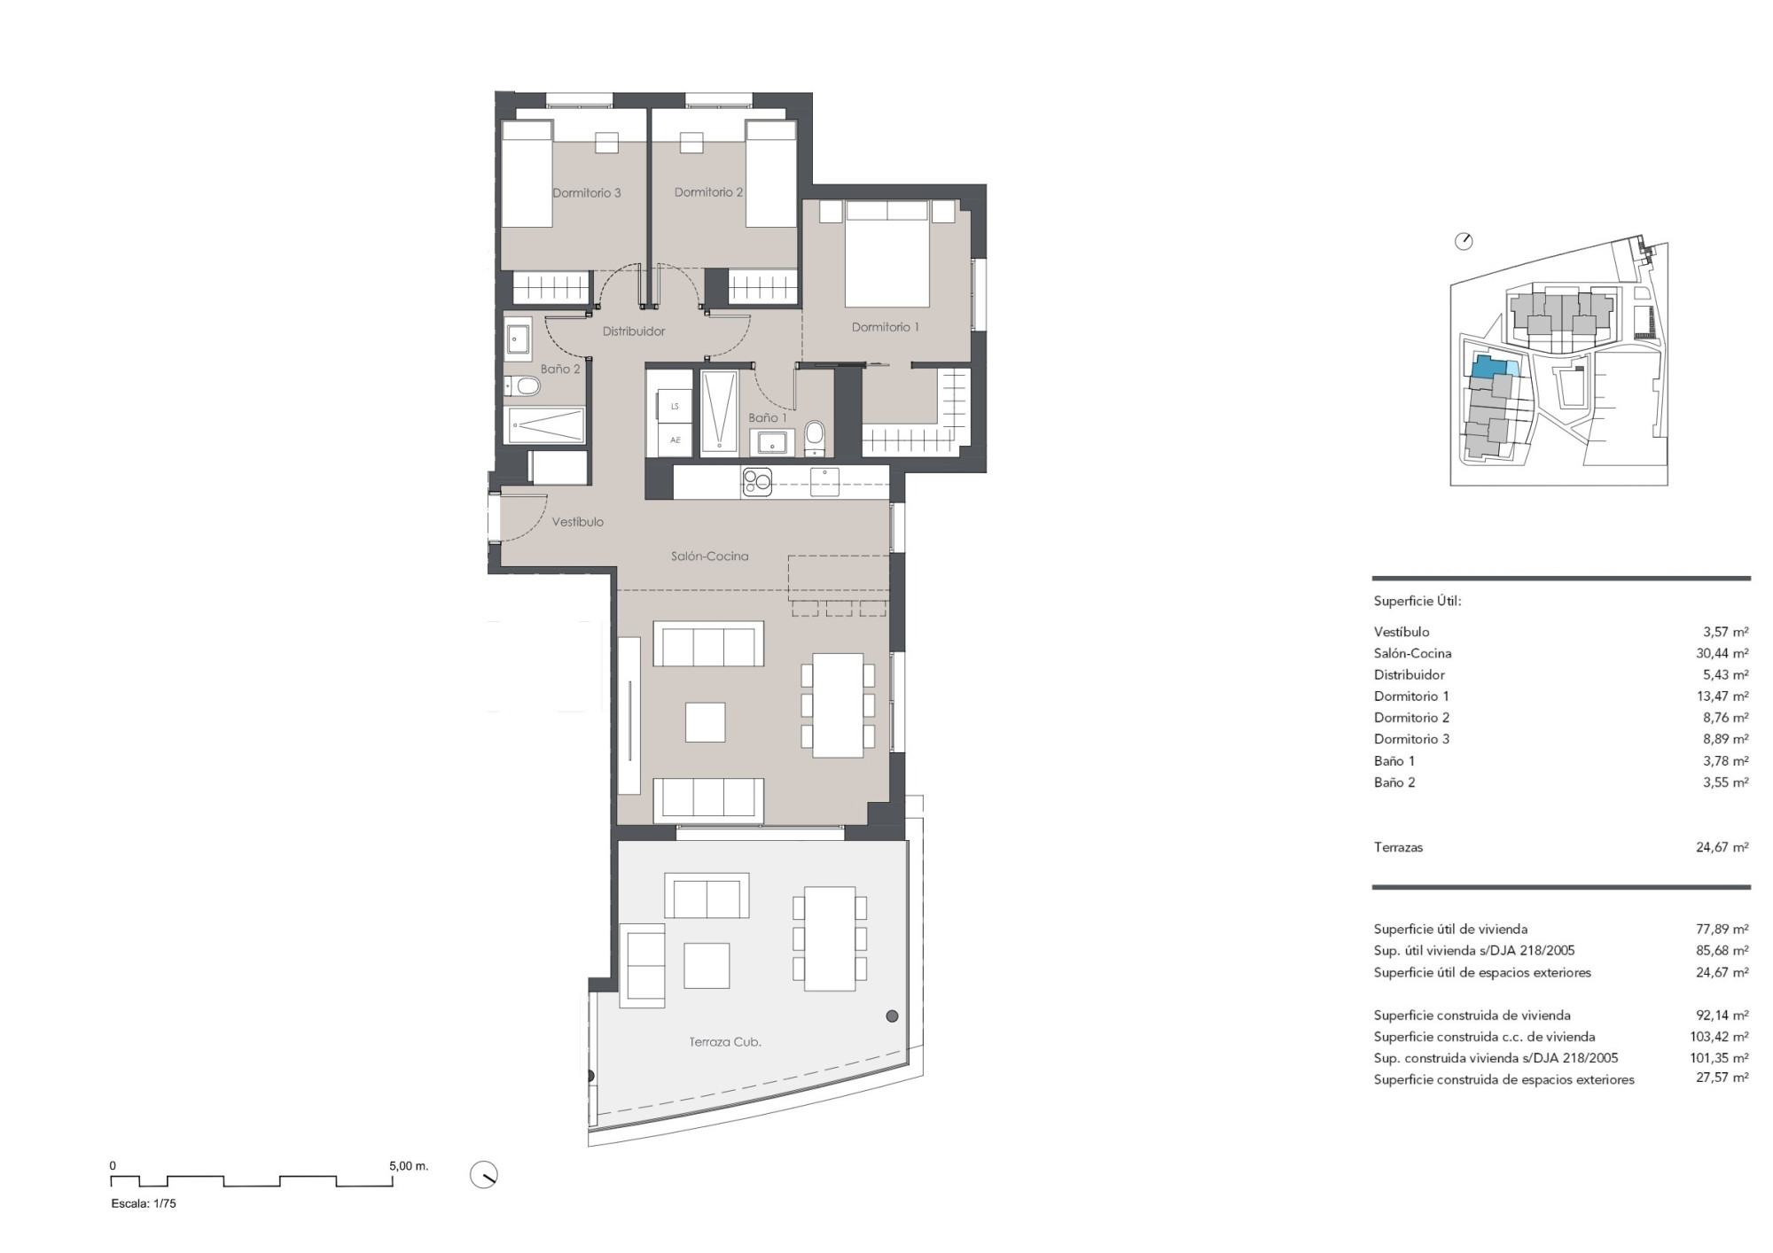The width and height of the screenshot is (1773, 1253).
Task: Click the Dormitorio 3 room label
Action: point(586,192)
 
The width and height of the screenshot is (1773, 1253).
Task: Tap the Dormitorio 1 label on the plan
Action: point(885,327)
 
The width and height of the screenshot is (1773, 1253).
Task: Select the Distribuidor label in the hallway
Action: point(634,331)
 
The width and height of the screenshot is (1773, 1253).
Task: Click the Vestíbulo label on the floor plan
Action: point(577,522)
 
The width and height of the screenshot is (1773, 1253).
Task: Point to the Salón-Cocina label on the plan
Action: point(709,556)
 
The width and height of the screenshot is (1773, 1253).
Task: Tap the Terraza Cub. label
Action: point(725,1042)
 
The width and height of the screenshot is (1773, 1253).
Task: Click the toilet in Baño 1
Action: point(815,437)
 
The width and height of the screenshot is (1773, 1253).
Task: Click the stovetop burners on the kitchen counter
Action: point(757,482)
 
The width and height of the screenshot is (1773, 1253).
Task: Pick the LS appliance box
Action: point(676,407)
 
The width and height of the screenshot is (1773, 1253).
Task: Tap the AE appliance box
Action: point(676,440)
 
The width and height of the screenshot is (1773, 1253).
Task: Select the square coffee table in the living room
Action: point(706,722)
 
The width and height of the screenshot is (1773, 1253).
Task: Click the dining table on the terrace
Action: point(830,939)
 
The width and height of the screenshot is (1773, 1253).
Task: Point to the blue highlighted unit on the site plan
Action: point(1489,367)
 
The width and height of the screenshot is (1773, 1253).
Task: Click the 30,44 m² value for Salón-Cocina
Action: point(1722,653)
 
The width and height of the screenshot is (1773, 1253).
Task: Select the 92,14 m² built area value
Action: point(1722,1016)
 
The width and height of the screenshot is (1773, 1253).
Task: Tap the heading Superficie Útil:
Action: point(1418,601)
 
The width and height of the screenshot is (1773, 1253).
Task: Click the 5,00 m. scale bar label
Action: point(409,1166)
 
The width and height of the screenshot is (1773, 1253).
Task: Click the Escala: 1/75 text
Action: point(144,1203)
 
